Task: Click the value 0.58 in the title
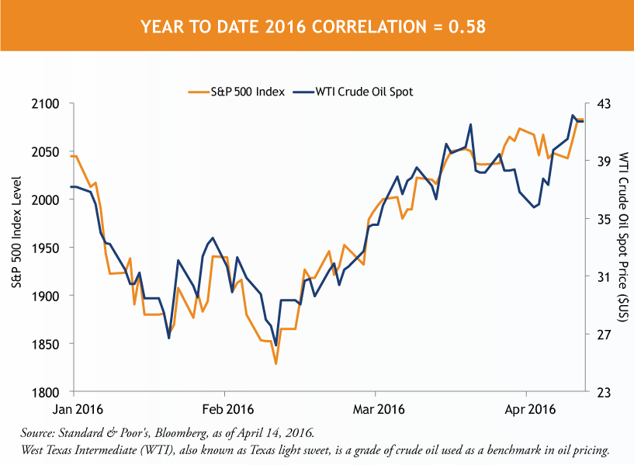[x=469, y=27]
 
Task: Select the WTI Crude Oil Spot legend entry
[x=363, y=92]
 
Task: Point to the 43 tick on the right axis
[x=603, y=103]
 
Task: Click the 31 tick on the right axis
[x=603, y=276]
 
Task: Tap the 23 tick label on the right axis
[x=603, y=392]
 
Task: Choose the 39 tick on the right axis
[x=603, y=161]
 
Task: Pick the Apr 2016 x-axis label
[x=527, y=408]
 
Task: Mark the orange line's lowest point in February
[x=275, y=363]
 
